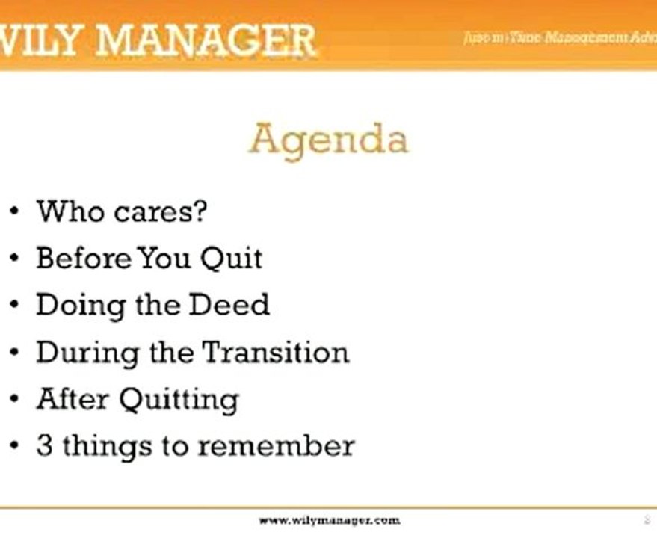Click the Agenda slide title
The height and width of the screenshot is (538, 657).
(329, 140)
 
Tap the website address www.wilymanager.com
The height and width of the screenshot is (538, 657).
(329, 519)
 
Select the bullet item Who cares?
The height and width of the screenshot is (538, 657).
(121, 211)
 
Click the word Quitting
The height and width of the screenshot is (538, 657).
(179, 399)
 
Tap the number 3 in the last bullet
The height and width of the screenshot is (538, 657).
(44, 446)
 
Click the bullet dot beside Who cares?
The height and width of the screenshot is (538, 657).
(15, 212)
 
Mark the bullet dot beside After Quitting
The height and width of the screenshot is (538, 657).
(15, 400)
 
